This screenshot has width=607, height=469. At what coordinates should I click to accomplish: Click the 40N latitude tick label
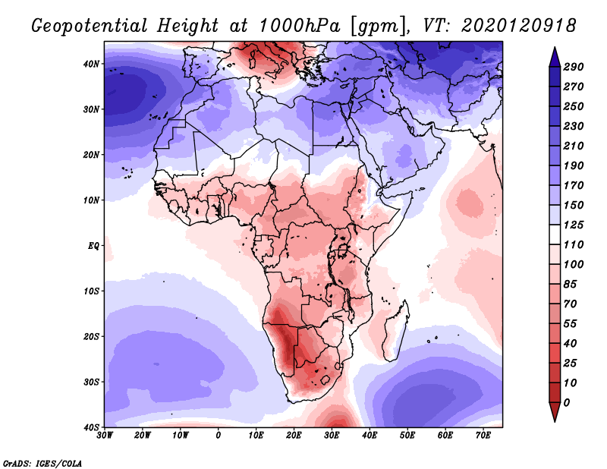coord(91,64)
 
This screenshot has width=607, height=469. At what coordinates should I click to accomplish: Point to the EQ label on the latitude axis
coord(93,246)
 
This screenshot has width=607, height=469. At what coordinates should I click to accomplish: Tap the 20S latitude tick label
coord(91,336)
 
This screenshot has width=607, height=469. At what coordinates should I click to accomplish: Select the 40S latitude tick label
coord(91,427)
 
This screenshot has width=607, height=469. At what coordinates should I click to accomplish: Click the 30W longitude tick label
coord(105,436)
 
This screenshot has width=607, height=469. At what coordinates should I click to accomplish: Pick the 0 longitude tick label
coord(219,436)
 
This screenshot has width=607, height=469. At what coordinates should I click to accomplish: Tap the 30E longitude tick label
coord(332,436)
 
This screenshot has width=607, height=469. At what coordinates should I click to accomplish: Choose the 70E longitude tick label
coord(483,436)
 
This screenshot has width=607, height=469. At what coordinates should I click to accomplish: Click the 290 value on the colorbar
coord(573,67)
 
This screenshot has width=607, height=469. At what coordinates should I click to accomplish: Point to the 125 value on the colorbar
coord(573,225)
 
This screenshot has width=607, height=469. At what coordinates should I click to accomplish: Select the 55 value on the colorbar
coord(570,324)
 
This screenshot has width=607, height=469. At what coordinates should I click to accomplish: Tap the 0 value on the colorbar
coord(567,403)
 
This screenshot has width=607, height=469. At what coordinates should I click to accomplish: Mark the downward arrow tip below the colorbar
coord(555,421)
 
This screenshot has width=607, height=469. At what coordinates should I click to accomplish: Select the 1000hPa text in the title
coord(299,26)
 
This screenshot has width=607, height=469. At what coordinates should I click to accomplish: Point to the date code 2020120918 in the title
coord(519,26)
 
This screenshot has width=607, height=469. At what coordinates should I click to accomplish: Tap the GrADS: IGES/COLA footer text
coord(42,464)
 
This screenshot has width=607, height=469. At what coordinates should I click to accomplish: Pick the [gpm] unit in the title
coord(375,27)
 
